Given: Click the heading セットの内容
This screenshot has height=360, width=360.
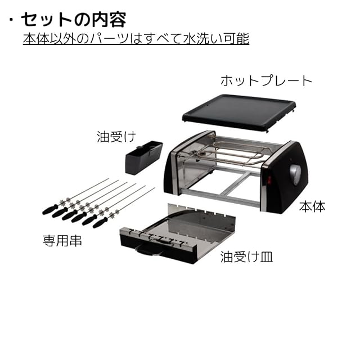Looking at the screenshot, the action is coord(73,19).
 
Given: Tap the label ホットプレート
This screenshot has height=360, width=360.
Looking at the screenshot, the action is coord(265,80).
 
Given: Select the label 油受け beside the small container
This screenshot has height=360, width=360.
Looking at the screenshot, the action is coord(116,137).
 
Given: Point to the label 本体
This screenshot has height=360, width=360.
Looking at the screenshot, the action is coord(313,206).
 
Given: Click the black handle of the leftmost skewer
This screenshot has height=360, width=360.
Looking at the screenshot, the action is coord(49,209).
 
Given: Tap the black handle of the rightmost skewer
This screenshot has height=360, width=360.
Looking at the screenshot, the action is coord(100,223).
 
